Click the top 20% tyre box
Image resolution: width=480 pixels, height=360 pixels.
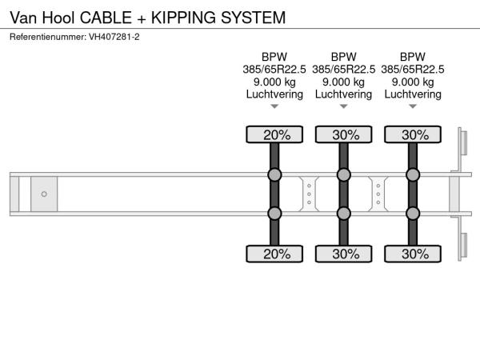[x=274, y=135]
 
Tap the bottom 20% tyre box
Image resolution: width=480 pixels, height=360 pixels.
[x=274, y=254]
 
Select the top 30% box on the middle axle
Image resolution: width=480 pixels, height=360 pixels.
[x=343, y=135]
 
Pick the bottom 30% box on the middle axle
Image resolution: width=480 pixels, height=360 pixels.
[x=343, y=254]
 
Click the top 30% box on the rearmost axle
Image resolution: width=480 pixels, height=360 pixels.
[x=413, y=135]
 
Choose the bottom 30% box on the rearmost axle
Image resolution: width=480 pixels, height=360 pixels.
[x=413, y=254]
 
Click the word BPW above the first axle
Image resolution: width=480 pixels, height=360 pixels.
[x=274, y=57]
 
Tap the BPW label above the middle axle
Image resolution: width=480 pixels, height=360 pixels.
[x=343, y=57]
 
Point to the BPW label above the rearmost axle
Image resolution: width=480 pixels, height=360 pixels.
[x=413, y=57]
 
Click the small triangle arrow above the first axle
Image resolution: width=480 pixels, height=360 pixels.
[x=274, y=106]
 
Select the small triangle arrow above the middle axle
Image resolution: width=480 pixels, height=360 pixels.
[x=343, y=106]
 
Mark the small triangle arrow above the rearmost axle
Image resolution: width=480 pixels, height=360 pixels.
[x=413, y=106]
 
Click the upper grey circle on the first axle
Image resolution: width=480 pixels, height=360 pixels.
[x=274, y=175]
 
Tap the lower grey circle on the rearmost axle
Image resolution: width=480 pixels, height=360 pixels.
[x=413, y=213]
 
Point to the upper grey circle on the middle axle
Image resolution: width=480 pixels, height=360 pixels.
[x=343, y=175]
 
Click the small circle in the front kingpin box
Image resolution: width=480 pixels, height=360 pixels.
[x=44, y=194]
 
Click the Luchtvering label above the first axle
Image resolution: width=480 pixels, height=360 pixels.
[x=274, y=94]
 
